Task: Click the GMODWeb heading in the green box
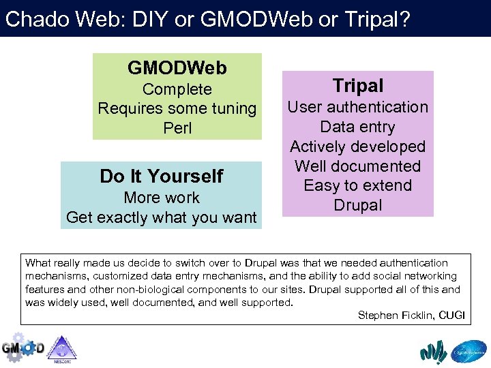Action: [177, 68]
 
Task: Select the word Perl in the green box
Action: [177, 128]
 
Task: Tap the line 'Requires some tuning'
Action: [177, 108]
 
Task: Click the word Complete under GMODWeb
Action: [177, 89]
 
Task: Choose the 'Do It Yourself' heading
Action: [161, 177]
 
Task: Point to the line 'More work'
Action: [162, 198]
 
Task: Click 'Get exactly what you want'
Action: [162, 217]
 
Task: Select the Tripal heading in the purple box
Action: [358, 86]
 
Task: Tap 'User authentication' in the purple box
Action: [358, 107]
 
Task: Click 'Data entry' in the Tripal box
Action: [358, 127]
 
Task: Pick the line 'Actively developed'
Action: [358, 147]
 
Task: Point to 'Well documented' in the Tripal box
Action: [358, 166]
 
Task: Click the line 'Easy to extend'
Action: [358, 185]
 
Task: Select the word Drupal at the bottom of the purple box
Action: [358, 205]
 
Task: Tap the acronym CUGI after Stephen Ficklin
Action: [452, 315]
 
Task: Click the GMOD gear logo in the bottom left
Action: [23, 348]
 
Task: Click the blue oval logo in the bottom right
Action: [469, 350]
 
